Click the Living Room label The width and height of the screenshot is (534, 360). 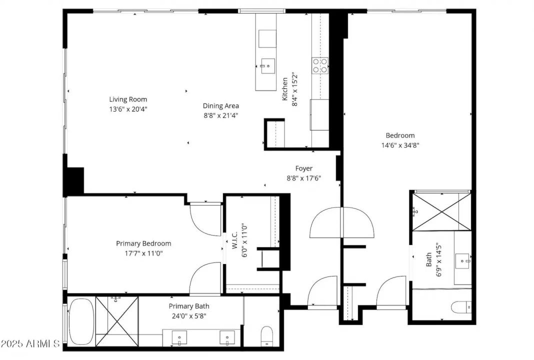tap(128, 99)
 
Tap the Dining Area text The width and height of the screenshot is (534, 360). tap(220, 106)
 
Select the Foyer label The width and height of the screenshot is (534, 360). tap(303, 168)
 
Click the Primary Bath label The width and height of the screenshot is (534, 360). tap(189, 306)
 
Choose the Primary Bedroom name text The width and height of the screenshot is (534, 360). tap(143, 243)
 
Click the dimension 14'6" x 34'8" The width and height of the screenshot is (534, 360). tap(399, 145)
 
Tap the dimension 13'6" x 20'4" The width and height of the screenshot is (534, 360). tap(128, 108)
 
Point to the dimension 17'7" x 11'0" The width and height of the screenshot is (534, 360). tap(143, 253)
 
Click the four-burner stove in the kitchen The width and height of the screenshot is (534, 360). tap(320, 65)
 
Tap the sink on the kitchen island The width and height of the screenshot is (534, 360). tap(267, 65)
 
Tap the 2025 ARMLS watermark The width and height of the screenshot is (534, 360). tap(30, 344)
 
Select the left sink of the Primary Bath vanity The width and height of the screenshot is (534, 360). tap(180, 338)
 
